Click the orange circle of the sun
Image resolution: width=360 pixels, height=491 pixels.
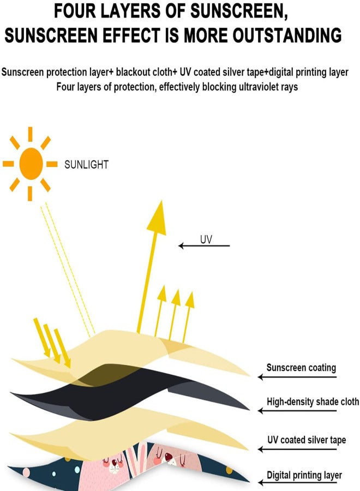click(31, 164)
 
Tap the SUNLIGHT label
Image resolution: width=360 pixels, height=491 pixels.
click(86, 165)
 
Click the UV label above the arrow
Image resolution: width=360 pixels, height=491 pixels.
click(206, 239)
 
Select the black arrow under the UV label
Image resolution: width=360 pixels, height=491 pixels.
click(204, 246)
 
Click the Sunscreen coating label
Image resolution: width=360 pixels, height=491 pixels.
click(301, 368)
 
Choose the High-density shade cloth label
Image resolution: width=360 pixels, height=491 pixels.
click(313, 402)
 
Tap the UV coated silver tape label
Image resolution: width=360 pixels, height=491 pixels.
click(307, 440)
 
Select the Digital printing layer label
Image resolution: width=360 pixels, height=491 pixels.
click(304, 475)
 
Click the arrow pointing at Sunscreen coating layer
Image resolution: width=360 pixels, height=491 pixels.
click(297, 376)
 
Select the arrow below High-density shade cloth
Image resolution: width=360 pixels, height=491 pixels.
click(297, 410)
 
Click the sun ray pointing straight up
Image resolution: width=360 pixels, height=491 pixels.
click(30, 134)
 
